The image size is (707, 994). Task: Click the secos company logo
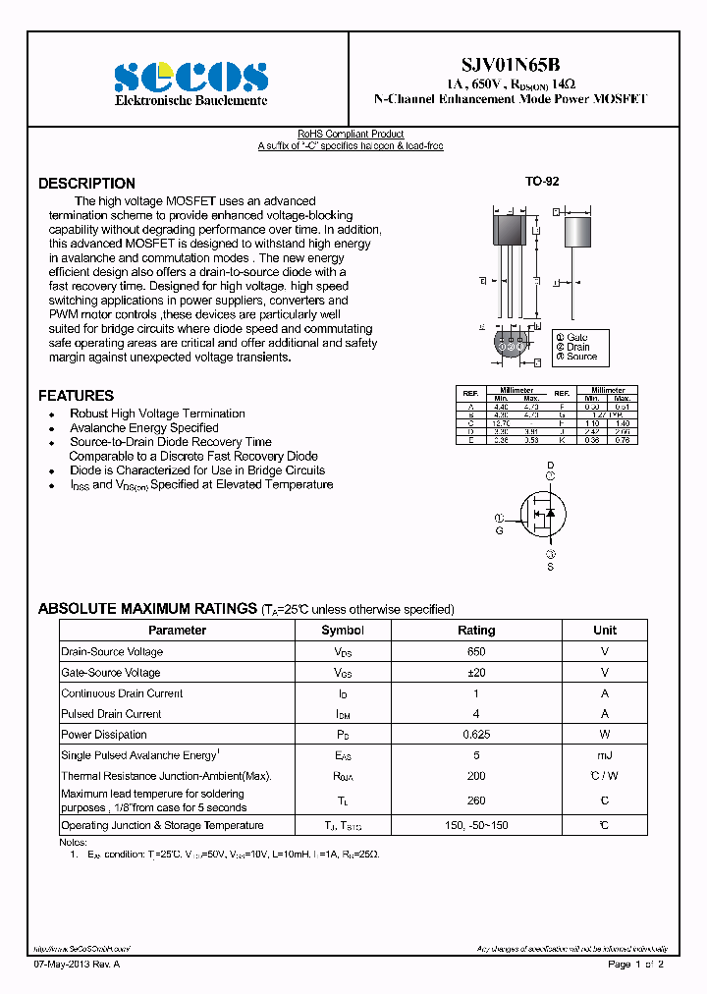point(190,76)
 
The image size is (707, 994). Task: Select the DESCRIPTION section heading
point(86,184)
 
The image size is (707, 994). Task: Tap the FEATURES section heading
point(76,396)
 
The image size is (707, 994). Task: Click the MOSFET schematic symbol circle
point(551,516)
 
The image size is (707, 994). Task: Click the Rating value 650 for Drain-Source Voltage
point(476,652)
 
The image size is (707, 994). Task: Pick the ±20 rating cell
point(476,673)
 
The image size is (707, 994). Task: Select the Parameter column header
point(177,631)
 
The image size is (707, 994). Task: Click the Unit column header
point(605,631)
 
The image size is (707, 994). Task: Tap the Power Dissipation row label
point(104,735)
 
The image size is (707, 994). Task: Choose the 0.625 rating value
point(476,735)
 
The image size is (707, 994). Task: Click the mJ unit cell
point(605,755)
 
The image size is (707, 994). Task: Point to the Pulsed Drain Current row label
point(111,714)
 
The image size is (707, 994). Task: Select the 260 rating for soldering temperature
point(476,801)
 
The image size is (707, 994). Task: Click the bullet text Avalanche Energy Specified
point(144,428)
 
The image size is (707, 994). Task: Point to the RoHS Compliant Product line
point(351,135)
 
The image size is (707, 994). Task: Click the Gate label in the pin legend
point(576,337)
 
